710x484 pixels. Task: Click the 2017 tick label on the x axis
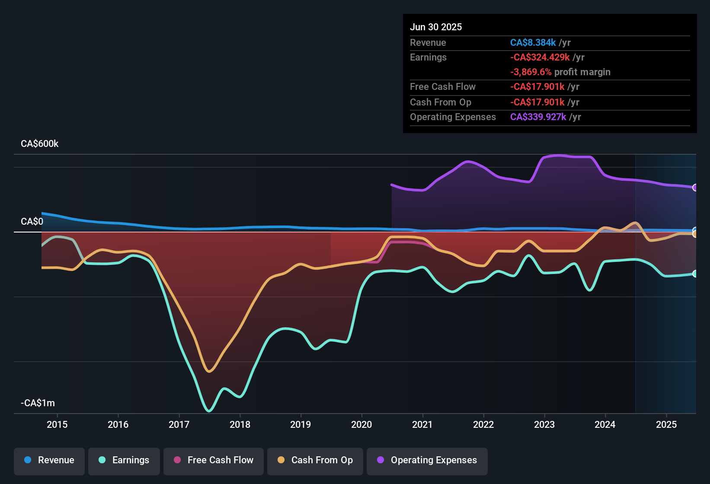179,424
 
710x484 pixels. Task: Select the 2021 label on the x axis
422,424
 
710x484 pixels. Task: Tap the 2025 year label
666,424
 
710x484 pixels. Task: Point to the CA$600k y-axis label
39,144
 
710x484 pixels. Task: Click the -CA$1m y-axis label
38,403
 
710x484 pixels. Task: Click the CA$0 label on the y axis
32,222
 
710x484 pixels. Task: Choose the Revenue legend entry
49,460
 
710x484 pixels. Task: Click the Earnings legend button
124,460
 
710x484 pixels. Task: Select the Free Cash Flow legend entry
214,460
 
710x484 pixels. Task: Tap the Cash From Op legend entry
315,460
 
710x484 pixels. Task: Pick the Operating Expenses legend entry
427,460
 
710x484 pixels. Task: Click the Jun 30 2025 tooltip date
436,27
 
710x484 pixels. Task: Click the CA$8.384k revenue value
533,43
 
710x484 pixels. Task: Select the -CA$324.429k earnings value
540,57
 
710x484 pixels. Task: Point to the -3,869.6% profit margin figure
531,72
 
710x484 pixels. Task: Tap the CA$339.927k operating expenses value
538,117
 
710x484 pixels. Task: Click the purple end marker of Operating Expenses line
695,188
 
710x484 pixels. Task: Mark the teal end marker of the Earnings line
695,274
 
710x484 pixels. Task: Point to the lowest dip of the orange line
209,371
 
